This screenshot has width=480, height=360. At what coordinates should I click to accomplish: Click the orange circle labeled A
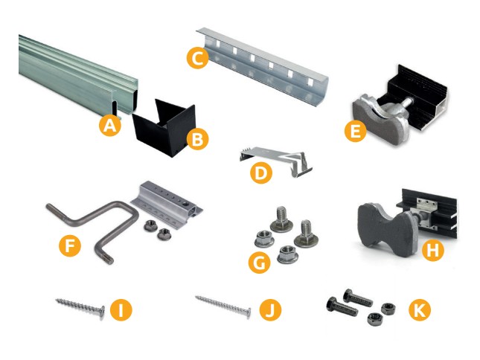tap(110, 126)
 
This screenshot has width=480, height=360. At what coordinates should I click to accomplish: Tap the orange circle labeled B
tap(197, 139)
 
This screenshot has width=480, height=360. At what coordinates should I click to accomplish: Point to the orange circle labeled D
tap(261, 173)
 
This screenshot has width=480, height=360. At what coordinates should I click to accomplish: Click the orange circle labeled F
tap(70, 245)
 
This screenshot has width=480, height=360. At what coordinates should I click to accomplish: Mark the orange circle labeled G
tap(259, 262)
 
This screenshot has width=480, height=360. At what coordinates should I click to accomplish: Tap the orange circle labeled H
tap(432, 250)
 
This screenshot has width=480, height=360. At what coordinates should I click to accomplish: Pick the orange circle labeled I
tap(121, 310)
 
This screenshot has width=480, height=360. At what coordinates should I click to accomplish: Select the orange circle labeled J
tap(270, 310)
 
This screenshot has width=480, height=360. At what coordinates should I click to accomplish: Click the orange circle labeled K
tap(420, 310)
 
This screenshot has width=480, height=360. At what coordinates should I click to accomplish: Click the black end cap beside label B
tap(164, 127)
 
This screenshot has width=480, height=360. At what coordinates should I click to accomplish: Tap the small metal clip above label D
tap(275, 161)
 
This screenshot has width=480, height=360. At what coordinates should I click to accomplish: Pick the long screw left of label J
tap(223, 306)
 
